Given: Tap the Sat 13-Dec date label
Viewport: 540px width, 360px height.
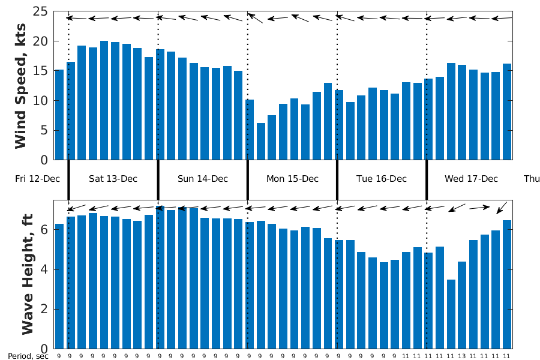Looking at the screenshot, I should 113,179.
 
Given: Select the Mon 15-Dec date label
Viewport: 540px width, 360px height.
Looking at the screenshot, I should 292,179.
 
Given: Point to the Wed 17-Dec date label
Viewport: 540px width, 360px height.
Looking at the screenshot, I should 471,179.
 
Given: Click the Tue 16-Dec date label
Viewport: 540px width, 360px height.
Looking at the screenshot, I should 382,179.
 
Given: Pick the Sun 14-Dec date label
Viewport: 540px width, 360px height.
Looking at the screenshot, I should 203,179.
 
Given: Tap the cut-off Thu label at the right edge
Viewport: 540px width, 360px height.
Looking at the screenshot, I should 532,179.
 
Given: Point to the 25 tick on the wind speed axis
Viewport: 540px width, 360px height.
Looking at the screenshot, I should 41,11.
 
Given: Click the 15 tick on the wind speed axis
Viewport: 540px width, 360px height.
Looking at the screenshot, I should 41,71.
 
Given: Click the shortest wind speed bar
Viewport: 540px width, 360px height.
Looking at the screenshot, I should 260,142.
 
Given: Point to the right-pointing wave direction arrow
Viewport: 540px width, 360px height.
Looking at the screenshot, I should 479,208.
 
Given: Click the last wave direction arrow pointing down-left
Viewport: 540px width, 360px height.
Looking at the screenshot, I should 502,208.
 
